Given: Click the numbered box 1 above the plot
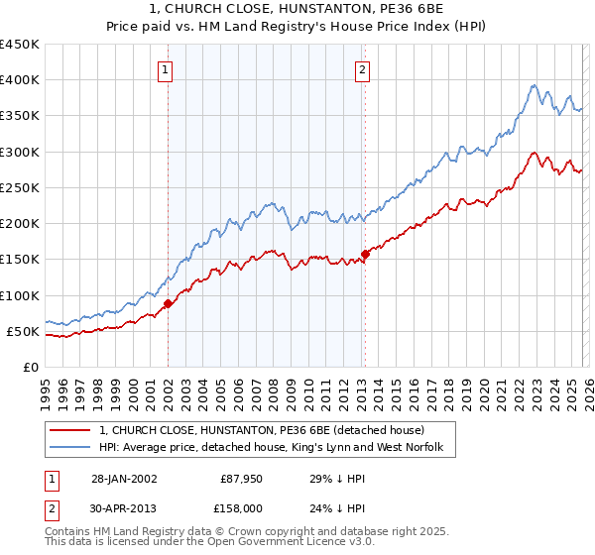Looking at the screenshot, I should (165, 69).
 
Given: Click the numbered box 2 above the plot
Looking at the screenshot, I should (363, 69).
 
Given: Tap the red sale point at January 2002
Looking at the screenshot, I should (168, 303).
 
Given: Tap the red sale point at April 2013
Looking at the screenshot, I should (366, 254).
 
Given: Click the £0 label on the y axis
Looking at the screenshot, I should (30, 367).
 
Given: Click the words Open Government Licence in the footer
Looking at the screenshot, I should (258, 544).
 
